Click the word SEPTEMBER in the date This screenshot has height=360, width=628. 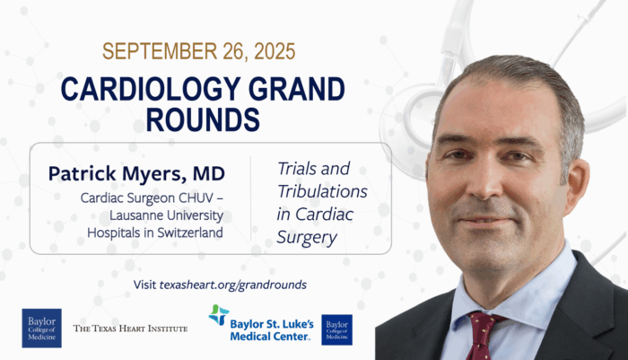[161, 51]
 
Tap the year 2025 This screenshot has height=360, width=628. [275, 51]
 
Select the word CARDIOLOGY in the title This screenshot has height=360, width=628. [151, 89]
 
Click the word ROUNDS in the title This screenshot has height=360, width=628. [203, 119]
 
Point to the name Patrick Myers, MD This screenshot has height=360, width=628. [136, 173]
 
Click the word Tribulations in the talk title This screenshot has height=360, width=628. [322, 191]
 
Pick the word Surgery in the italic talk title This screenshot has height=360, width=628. [307, 237]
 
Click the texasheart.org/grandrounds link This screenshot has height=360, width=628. [233, 285]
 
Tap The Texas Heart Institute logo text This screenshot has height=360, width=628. [130, 329]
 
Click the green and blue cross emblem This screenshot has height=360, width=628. [219, 315]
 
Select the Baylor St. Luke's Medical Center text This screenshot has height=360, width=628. [272, 330]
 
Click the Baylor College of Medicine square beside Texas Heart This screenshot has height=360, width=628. [41, 328]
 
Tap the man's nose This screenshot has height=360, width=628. [487, 180]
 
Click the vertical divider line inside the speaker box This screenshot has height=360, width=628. [250, 198]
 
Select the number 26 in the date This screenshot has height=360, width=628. [235, 52]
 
